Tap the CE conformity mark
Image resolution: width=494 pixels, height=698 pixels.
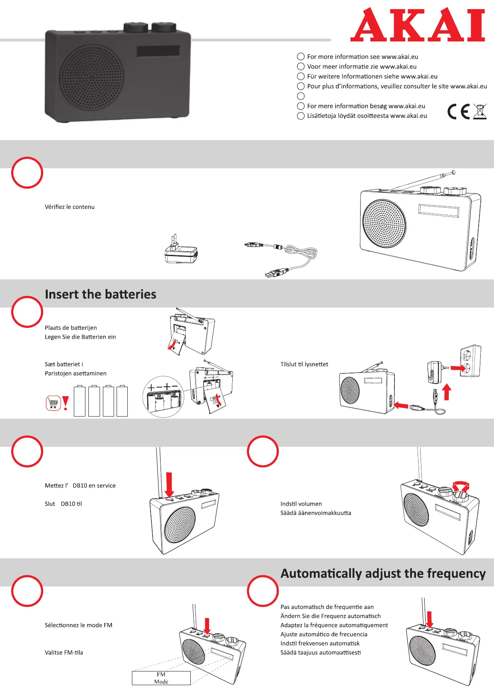pos(458,111)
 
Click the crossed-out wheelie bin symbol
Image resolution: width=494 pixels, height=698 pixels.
pos(479,111)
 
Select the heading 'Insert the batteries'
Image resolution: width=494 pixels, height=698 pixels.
pos(100,294)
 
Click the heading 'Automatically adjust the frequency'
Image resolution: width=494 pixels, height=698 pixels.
pos(383,573)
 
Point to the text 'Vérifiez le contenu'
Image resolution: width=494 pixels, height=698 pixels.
pos(70,207)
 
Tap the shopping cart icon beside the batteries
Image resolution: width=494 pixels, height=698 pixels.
pos(53,402)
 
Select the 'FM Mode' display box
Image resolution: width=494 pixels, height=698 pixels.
pos(161,678)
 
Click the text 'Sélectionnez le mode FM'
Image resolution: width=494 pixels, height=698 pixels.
pos(78,625)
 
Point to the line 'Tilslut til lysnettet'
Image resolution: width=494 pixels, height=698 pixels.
pos(304,364)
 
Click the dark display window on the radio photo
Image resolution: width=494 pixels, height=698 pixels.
pos(158,51)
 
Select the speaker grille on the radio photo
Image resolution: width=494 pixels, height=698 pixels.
pos(92,78)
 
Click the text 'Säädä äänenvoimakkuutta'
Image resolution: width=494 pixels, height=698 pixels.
pos(316,513)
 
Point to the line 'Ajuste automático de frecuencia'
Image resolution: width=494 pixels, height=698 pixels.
pos(324,634)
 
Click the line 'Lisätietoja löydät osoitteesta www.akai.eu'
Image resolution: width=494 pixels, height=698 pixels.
pos(367,116)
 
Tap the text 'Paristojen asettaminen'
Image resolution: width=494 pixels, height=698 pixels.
pos(75,373)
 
